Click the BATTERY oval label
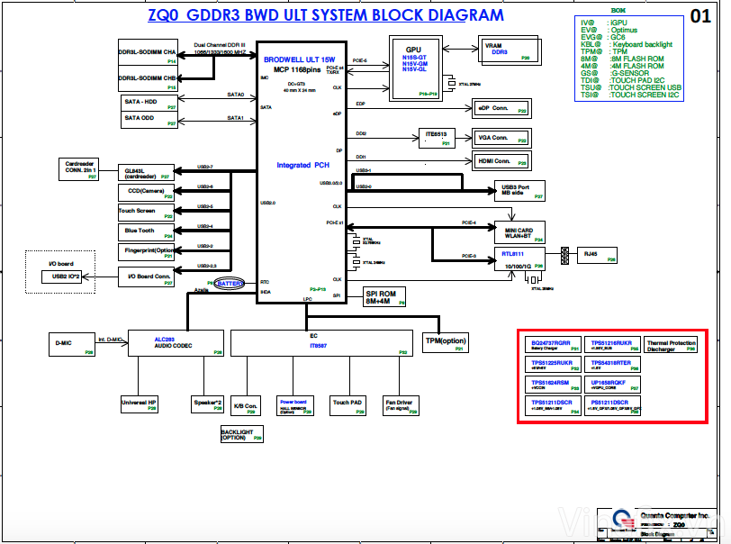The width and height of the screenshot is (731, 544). pos(230,283)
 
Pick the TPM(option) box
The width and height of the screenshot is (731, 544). pos(445,343)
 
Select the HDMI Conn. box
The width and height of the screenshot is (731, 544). pos(502,160)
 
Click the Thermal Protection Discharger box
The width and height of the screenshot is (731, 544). pos(671,347)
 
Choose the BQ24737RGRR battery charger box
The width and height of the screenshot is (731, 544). pos(551,347)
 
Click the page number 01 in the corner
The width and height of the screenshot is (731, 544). pos(699,15)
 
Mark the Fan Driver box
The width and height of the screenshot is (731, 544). pos(399,405)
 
